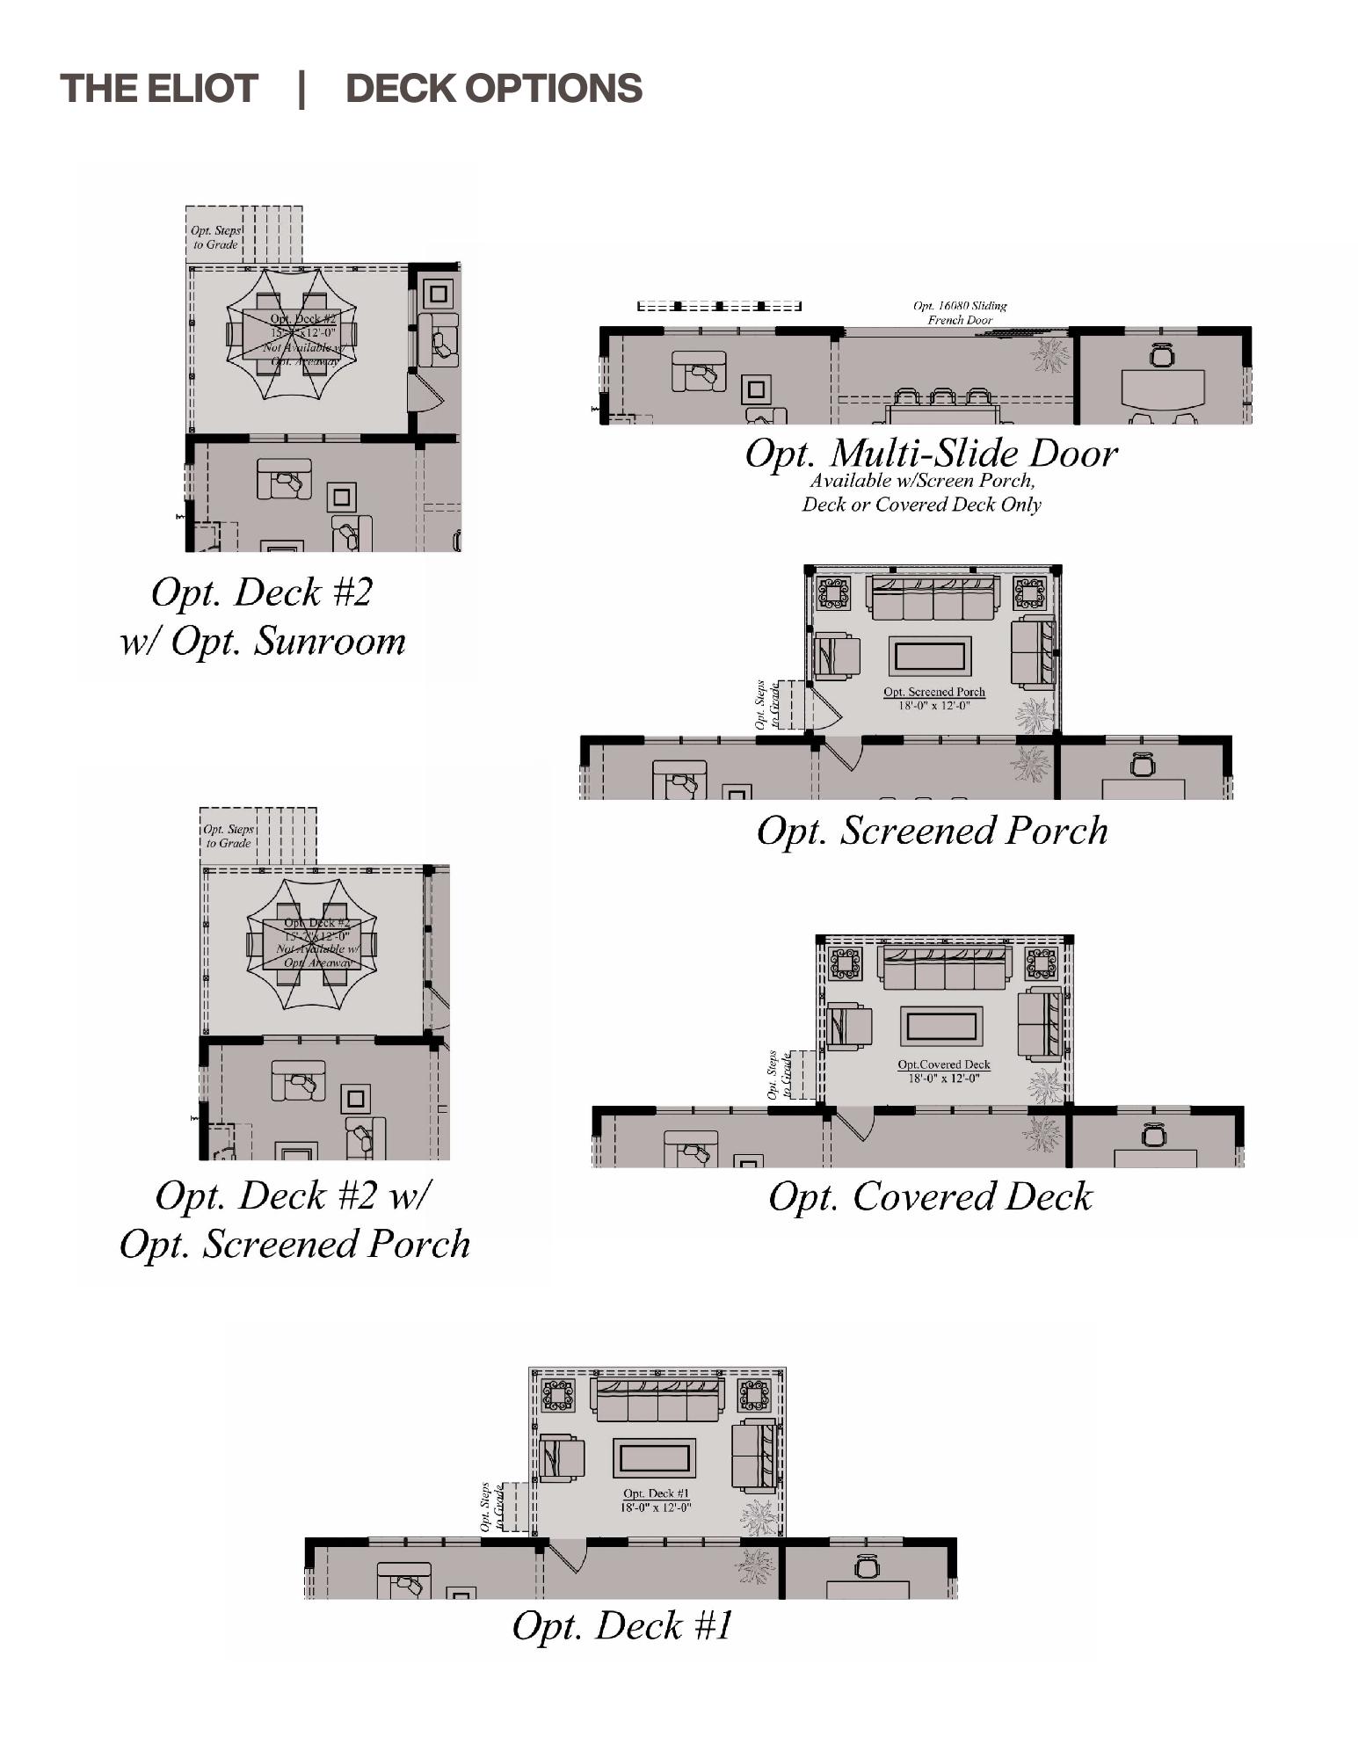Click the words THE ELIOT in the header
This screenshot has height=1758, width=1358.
click(158, 89)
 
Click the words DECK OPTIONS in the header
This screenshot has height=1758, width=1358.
click(493, 89)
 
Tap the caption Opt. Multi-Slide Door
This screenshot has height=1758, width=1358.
click(930, 454)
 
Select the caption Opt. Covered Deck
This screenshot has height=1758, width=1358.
click(930, 1196)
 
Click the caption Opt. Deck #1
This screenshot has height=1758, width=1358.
click(621, 1625)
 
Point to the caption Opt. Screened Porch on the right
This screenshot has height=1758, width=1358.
click(932, 831)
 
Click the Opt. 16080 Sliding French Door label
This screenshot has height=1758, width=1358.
click(960, 313)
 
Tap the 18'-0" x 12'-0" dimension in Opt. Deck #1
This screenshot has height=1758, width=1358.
click(656, 1507)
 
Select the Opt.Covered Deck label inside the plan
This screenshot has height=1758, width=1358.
click(943, 1064)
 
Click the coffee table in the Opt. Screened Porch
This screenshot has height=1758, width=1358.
click(930, 657)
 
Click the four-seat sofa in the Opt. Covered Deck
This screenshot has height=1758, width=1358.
click(944, 967)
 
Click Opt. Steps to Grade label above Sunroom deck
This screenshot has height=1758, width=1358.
click(215, 237)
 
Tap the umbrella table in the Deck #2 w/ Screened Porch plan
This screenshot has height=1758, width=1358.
click(312, 943)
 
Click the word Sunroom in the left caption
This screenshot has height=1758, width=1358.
click(330, 641)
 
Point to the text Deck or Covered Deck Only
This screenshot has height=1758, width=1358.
click(921, 505)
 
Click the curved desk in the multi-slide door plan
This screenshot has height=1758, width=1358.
click(1162, 389)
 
